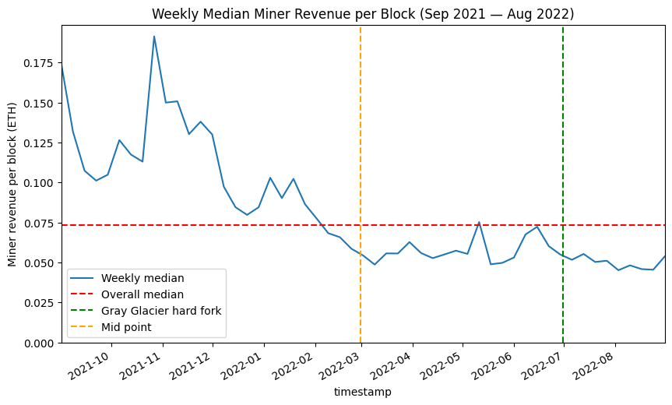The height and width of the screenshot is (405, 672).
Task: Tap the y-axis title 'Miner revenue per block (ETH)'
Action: coord(12,184)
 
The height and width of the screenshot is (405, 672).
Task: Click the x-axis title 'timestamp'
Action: coord(362,393)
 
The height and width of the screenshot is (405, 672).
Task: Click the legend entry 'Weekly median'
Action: coord(137,278)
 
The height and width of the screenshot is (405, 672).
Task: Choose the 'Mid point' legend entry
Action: coord(125,327)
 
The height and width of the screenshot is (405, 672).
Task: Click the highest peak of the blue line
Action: coord(154,36)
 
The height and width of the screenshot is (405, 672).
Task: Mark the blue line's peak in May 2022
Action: coord(479,222)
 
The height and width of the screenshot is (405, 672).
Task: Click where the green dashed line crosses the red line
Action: coord(563,225)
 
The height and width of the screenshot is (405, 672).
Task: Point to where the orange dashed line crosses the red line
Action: coord(361,225)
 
